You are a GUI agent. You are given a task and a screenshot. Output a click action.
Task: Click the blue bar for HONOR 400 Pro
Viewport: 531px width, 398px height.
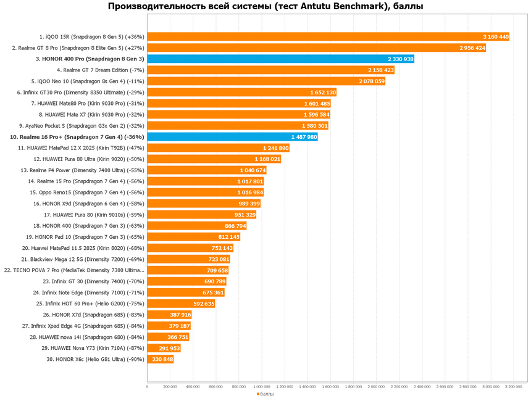(280, 59)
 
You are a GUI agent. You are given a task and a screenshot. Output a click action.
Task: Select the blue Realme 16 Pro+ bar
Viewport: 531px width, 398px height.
(232, 136)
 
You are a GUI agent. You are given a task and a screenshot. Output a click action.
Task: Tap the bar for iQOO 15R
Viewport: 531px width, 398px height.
(328, 36)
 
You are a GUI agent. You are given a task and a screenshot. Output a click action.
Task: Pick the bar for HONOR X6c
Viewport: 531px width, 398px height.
(160, 359)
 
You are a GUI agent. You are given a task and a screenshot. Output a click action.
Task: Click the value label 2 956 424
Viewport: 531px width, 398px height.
(472, 48)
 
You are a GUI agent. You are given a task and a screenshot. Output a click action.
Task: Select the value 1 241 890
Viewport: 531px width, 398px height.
(275, 148)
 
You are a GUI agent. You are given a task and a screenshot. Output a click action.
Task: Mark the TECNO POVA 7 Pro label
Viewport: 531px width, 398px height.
(74, 270)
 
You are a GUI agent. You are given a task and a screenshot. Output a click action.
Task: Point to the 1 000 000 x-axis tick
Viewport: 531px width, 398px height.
(262, 387)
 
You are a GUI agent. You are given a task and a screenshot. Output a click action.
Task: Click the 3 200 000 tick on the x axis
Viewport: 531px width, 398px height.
(514, 387)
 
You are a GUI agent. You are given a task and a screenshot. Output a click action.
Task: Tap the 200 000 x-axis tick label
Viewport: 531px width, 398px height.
(170, 387)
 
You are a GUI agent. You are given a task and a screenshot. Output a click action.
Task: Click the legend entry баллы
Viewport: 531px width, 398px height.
(267, 394)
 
